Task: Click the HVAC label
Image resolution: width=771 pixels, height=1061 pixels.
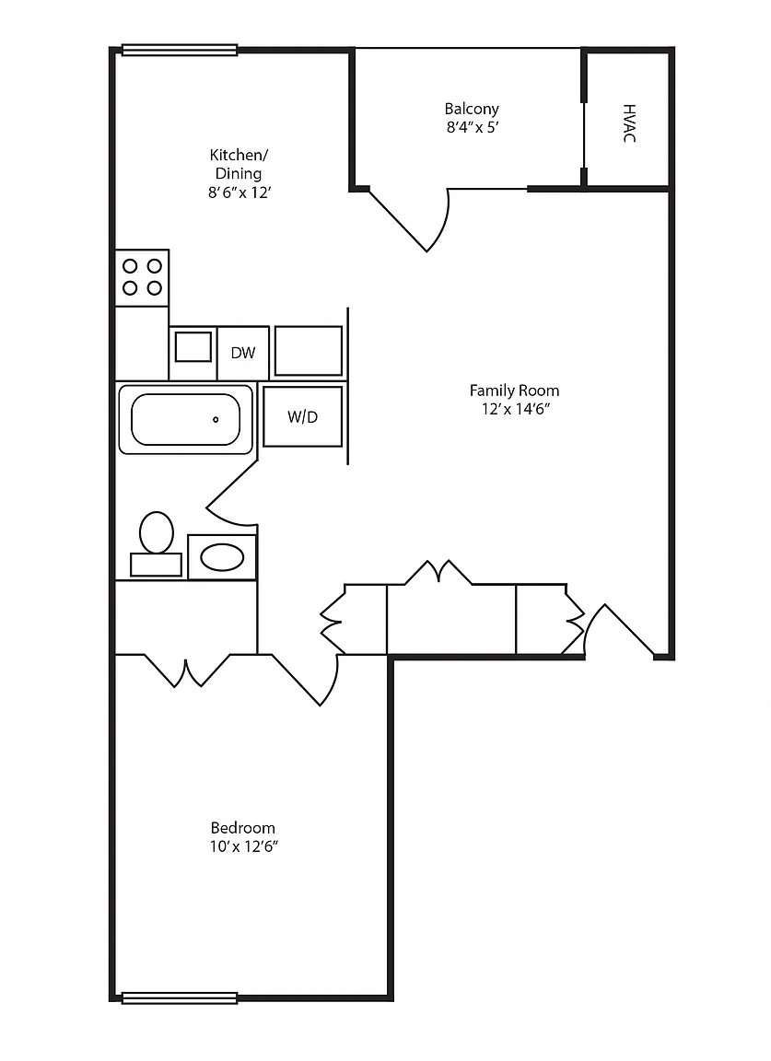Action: click(x=629, y=123)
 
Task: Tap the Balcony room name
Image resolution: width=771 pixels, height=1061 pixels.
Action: click(x=472, y=109)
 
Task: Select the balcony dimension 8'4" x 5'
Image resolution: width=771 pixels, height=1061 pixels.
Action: click(x=473, y=127)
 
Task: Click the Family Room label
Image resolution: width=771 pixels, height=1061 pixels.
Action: click(x=514, y=391)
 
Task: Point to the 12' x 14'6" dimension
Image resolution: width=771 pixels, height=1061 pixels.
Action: click(x=514, y=409)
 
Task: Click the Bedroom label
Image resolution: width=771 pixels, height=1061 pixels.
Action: click(x=243, y=828)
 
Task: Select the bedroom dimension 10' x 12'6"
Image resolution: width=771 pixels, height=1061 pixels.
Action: click(x=244, y=845)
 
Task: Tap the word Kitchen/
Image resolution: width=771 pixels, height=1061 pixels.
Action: click(x=239, y=155)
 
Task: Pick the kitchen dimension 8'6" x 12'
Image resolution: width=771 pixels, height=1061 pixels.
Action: click(x=239, y=192)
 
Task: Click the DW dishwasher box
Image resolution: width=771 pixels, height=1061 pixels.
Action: click(x=243, y=353)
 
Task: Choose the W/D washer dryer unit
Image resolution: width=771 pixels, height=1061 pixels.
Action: click(x=302, y=417)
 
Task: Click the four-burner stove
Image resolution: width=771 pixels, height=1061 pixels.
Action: click(x=142, y=277)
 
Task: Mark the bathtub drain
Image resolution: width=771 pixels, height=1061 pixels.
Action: click(x=216, y=420)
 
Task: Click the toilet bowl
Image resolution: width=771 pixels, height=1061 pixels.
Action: click(x=157, y=531)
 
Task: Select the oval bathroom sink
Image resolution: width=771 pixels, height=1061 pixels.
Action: click(x=222, y=558)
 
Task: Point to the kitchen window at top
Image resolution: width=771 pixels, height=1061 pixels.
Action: click(x=180, y=50)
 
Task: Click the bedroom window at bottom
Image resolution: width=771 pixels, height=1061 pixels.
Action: click(x=180, y=997)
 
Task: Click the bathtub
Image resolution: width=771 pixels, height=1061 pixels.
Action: click(x=185, y=419)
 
